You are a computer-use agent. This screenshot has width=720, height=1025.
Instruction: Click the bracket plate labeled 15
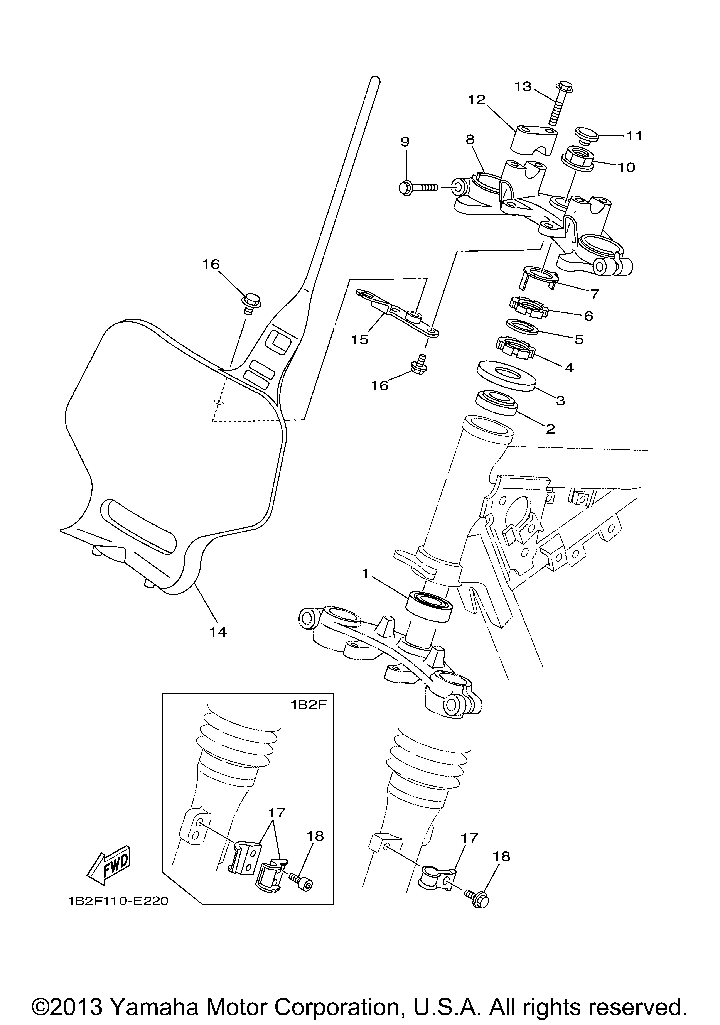click(x=397, y=314)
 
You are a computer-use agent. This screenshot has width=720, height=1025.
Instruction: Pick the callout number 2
click(x=550, y=429)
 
